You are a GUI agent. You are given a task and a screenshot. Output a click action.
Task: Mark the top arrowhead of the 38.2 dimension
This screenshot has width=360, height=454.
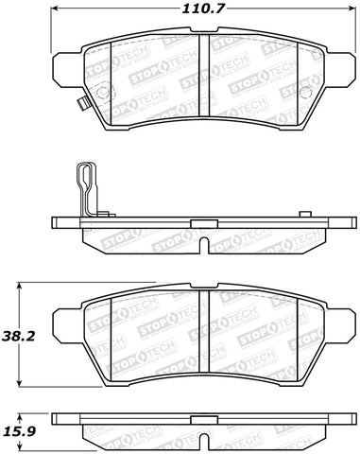coord(21,283)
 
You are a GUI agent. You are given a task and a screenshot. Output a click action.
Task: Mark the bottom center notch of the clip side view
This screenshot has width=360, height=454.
coord(206,245)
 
